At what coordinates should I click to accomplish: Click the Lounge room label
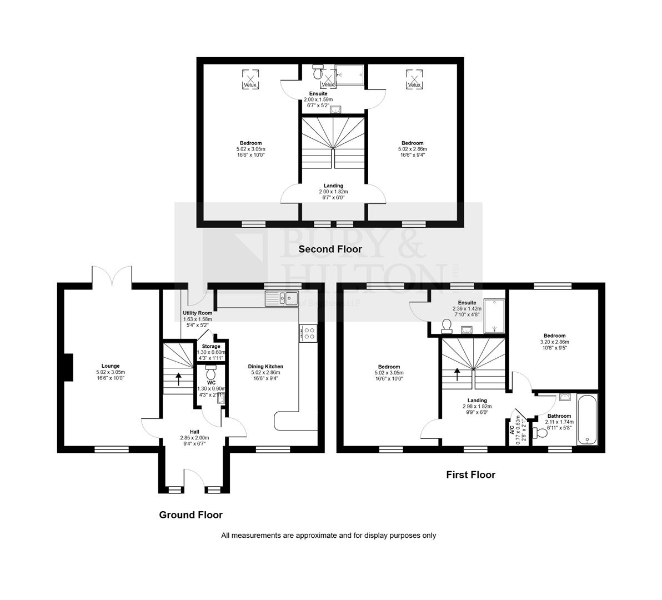click(x=110, y=366)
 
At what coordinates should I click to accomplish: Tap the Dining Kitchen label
click(x=265, y=367)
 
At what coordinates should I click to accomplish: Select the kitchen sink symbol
click(x=283, y=299)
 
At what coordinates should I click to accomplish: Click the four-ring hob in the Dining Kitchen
click(x=308, y=333)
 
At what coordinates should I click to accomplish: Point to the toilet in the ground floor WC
click(x=210, y=370)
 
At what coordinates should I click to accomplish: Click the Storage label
click(x=210, y=346)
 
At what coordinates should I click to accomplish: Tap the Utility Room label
click(x=198, y=313)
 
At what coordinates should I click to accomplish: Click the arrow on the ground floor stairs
click(x=178, y=379)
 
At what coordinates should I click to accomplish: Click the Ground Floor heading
click(x=190, y=515)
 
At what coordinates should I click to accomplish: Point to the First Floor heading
click(x=470, y=475)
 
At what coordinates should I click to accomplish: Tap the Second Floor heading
click(x=330, y=249)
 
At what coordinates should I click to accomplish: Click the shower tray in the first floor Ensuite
click(x=494, y=316)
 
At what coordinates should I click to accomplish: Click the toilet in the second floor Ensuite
click(x=318, y=72)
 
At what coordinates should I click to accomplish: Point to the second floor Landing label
click(x=333, y=186)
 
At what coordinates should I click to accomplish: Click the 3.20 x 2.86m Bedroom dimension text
click(x=554, y=342)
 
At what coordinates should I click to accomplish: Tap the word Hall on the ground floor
click(x=194, y=432)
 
